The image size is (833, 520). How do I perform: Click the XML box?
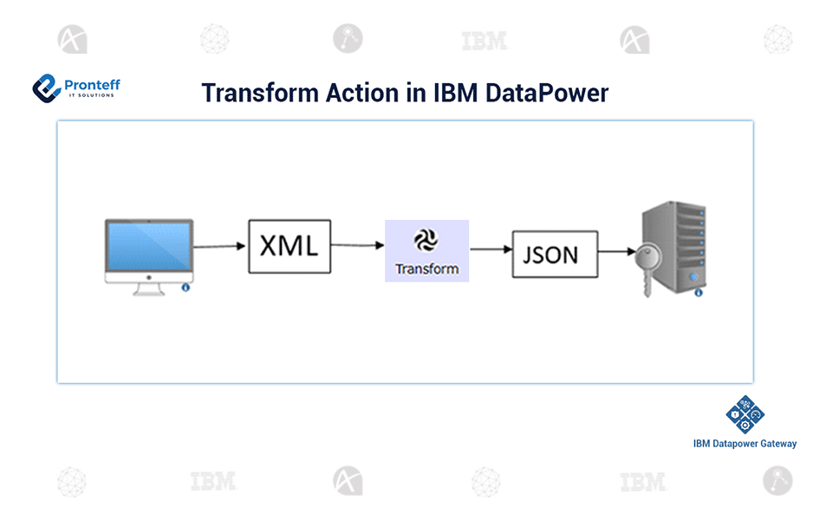click(x=290, y=247)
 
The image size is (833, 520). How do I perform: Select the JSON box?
click(x=555, y=254)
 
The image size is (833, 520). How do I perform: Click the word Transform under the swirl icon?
click(x=426, y=269)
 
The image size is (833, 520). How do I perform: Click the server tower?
click(x=674, y=243)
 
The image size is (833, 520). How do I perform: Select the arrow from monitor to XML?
click(x=219, y=247)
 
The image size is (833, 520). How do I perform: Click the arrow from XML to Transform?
click(x=358, y=246)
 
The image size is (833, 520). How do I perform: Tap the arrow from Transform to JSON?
click(x=491, y=250)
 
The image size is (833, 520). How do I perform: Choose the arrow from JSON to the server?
click(x=618, y=253)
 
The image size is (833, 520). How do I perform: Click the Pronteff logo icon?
click(x=46, y=87)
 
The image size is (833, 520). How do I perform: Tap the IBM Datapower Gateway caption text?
click(x=745, y=444)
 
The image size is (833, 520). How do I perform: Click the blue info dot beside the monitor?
click(x=185, y=288)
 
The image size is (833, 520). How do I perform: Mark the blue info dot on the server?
click(x=698, y=293)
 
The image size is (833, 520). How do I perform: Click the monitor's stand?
click(x=148, y=289)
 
